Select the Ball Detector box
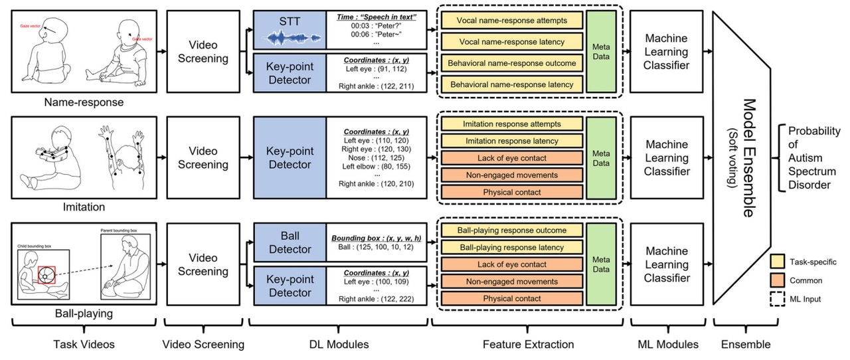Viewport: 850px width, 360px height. point(289,242)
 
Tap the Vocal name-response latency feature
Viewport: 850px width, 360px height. point(512,42)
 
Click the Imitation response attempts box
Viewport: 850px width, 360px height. point(512,124)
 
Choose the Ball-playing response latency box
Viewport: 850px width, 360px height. point(512,247)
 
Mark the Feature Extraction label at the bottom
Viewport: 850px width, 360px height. point(528,344)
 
